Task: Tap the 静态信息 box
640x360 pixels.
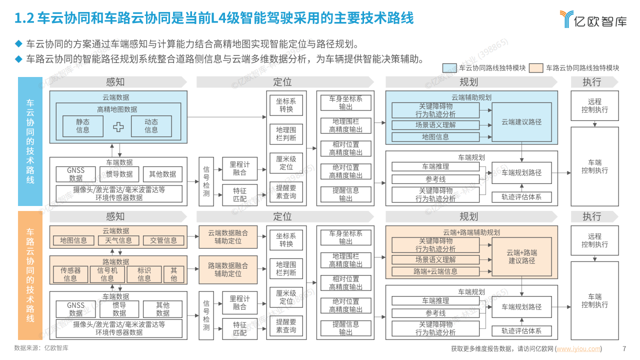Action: coord(83,126)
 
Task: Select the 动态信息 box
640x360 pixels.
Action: coord(151,126)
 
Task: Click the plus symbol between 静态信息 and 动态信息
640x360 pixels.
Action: coord(118,126)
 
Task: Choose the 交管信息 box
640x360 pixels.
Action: coord(163,240)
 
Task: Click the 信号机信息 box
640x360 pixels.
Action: coord(107,274)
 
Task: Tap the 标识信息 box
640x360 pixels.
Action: coord(144,274)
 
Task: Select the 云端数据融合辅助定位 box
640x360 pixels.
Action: coord(228,236)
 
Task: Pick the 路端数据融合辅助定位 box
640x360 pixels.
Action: coord(228,269)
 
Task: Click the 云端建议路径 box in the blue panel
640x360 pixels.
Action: coord(521,122)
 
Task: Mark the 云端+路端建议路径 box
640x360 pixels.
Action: coord(521,256)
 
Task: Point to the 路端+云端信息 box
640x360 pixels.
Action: coord(435,271)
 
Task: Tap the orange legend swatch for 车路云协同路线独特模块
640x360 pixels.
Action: coord(536,68)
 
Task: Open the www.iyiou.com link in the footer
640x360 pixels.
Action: coord(578,349)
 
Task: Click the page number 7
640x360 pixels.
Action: coord(623,349)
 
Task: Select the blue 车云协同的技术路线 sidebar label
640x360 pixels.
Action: coord(30,141)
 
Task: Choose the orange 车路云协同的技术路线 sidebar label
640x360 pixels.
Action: coord(30,275)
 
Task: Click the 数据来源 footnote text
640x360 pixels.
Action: coord(41,348)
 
